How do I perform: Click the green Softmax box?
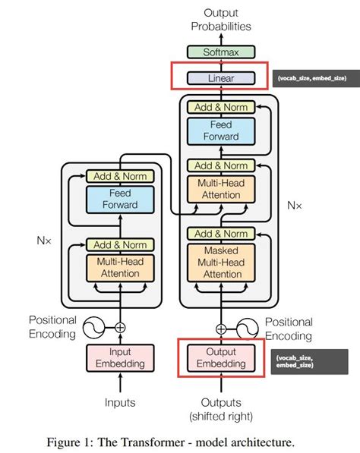(220, 52)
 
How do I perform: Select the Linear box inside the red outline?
(220, 77)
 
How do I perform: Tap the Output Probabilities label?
(220, 19)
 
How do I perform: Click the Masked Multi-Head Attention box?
(220, 262)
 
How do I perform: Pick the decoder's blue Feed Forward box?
(220, 131)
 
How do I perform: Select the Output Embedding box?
(220, 357)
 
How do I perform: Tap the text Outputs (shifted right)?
(220, 409)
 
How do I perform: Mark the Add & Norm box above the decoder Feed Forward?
(220, 108)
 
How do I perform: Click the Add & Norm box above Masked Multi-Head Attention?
(220, 234)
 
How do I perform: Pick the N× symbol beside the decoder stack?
(294, 205)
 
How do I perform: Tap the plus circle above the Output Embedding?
(221, 329)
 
